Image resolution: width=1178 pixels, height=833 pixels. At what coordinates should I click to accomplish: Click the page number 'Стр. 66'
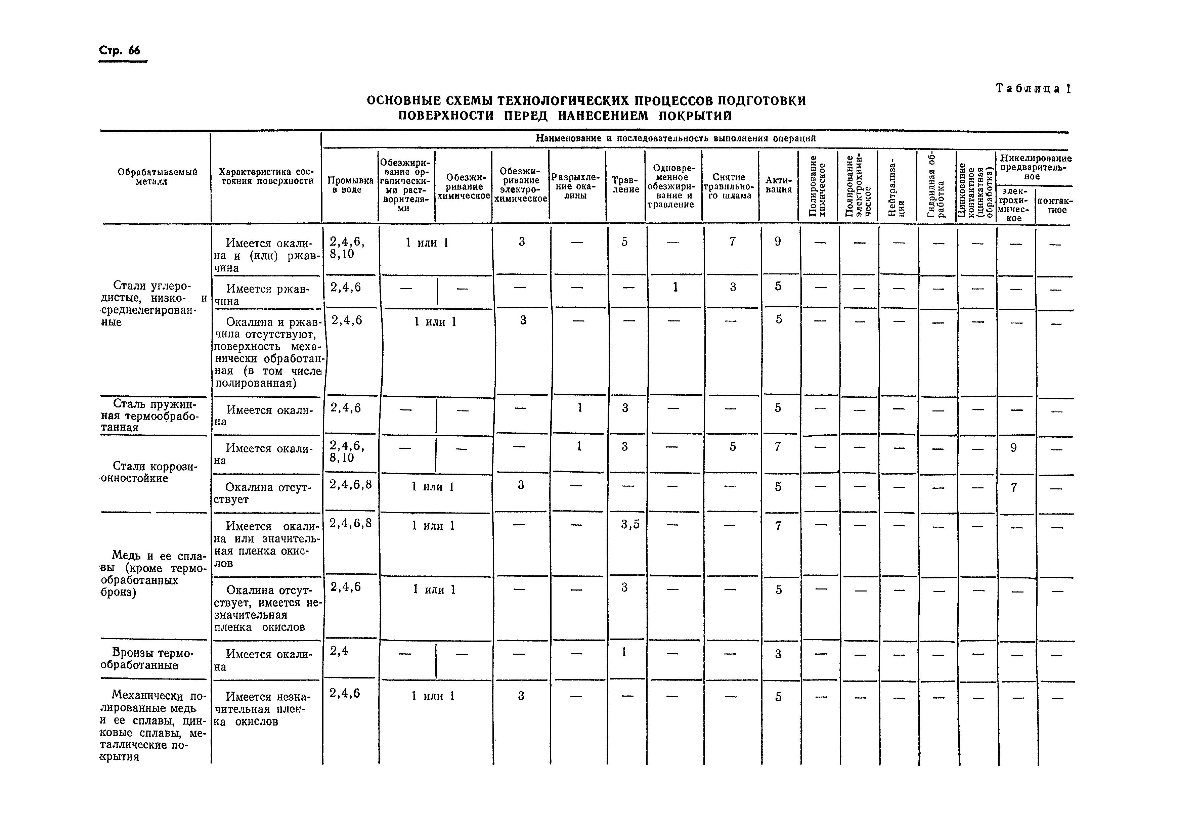coord(119,51)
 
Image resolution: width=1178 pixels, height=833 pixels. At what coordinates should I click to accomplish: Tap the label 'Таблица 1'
coord(1033,88)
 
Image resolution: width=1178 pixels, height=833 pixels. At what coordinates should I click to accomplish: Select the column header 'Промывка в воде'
coord(350,185)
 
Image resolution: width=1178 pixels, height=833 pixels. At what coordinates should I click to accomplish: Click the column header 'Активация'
coord(778,185)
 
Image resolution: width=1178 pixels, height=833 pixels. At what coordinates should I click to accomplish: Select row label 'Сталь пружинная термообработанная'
coord(151,416)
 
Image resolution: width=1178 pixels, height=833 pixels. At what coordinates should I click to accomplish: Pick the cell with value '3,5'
coord(630,524)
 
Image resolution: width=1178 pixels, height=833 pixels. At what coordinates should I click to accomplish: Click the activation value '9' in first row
coord(778,242)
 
